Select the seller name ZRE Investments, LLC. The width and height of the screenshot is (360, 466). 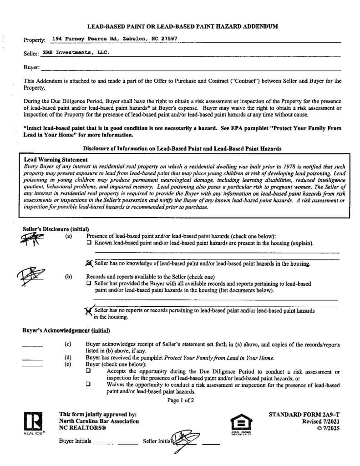pos(76,52)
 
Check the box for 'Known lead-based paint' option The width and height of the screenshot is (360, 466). pos(89,243)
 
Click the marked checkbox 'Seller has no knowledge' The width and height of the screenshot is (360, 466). pos(89,263)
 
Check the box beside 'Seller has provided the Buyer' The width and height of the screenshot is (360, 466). pos(89,283)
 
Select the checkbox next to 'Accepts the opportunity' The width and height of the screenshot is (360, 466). pos(88,371)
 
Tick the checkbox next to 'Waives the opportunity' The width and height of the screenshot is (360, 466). pos(88,385)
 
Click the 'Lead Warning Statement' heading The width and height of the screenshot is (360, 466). pos(56,160)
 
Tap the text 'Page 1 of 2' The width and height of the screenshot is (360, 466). pos(181,400)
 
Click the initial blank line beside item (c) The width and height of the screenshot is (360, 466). pos(32,346)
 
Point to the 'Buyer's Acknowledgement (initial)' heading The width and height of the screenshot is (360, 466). pos(66,330)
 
